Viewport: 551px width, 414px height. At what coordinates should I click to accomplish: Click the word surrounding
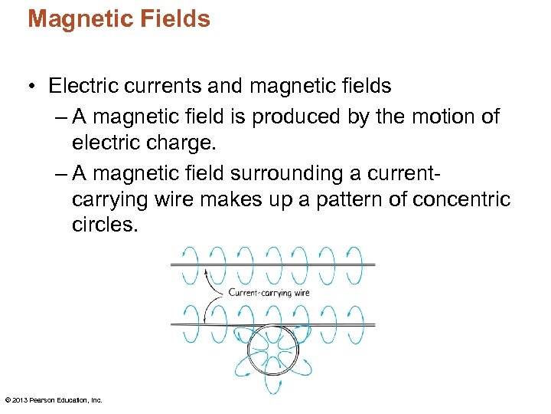pos(321,173)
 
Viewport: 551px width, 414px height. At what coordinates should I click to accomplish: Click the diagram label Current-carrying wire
pos(269,292)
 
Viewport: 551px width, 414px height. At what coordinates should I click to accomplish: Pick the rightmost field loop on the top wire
pos(354,264)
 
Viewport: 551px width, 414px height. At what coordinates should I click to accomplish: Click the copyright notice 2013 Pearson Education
pos(54,399)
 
